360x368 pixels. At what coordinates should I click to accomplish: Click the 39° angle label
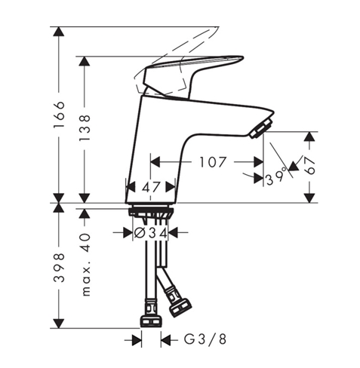coord(277,179)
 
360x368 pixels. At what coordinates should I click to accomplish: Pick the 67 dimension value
coord(309,167)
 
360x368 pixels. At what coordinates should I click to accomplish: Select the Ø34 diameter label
coord(150,234)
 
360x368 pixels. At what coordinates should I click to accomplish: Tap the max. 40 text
coord(85,264)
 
